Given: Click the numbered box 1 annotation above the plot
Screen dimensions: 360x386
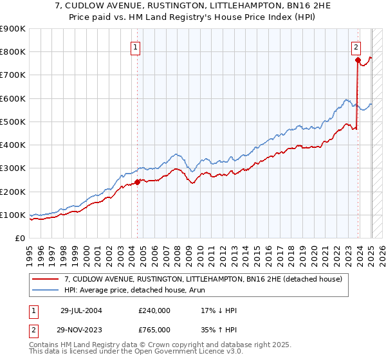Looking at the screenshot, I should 136,46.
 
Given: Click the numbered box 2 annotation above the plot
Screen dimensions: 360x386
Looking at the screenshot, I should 356,46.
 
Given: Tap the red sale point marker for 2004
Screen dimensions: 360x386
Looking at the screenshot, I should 138,182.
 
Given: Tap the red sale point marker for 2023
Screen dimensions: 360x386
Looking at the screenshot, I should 358,60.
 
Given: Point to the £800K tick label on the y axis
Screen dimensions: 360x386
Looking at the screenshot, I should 13,52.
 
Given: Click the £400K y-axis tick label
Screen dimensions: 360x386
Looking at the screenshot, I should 13,145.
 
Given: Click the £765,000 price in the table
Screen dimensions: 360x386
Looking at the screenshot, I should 154,329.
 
